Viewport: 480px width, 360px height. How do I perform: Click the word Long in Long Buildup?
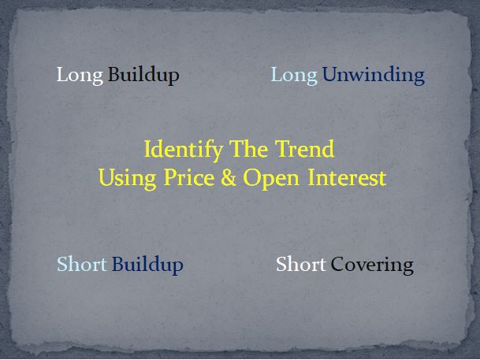tap(80, 76)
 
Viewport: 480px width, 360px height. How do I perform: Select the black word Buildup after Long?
tap(143, 76)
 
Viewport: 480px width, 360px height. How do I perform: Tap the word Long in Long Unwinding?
tap(294, 76)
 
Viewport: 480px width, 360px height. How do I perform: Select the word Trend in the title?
tap(303, 149)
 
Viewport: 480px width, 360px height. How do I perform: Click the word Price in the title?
tap(184, 178)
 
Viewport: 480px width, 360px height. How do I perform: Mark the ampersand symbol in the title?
tap(229, 178)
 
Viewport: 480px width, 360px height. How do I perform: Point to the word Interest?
tap(347, 178)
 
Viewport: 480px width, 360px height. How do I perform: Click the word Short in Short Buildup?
tap(82, 264)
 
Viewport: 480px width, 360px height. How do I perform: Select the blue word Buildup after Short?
tap(147, 265)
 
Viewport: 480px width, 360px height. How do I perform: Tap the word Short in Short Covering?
tap(300, 264)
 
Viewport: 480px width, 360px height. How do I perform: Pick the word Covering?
tap(372, 265)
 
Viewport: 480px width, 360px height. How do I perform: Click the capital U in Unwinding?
tap(329, 76)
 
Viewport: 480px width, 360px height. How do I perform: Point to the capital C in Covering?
tap(337, 264)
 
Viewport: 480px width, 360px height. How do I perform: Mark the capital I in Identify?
tap(147, 149)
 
